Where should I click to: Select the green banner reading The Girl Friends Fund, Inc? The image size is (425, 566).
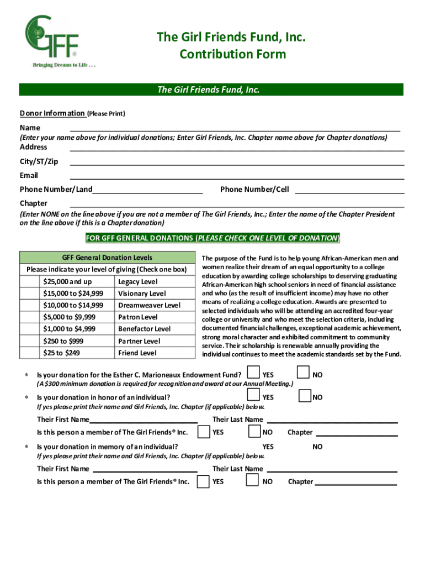point(212,90)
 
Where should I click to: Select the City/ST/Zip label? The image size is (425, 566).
point(39,161)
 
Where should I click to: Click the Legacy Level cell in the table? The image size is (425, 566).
point(137,282)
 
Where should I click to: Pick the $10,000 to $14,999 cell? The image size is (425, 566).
point(73,305)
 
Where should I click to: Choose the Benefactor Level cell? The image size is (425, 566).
point(144,329)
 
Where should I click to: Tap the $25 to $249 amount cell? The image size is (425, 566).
point(61,353)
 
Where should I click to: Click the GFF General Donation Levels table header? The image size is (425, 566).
point(107,258)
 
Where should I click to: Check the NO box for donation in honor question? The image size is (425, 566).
point(305,396)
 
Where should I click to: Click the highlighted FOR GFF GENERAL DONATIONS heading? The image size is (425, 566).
point(212,238)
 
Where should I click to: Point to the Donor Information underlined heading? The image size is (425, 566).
point(52,114)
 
